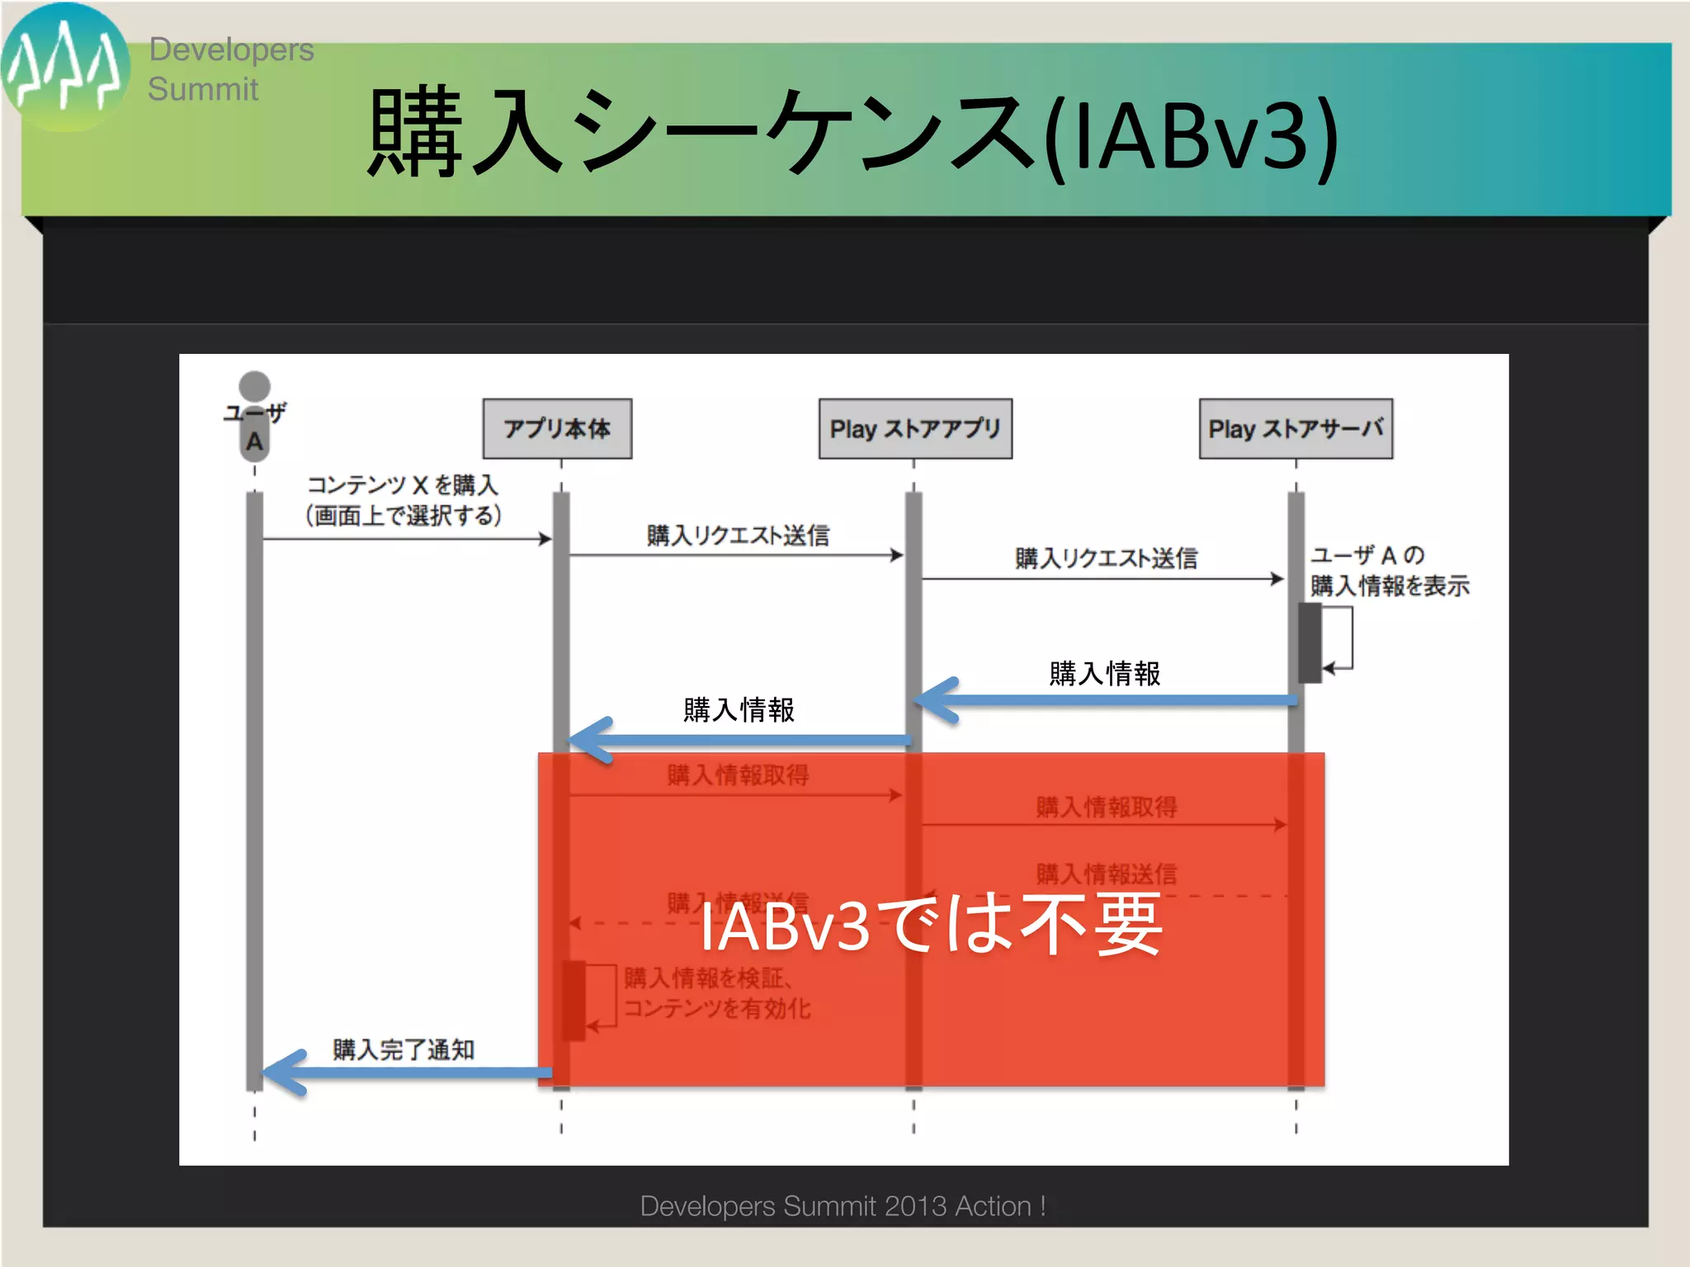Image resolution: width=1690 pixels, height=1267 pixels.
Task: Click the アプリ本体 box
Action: (557, 428)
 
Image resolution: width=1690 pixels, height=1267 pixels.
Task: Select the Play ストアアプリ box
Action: (914, 428)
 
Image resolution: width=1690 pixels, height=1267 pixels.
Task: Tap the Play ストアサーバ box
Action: (1295, 428)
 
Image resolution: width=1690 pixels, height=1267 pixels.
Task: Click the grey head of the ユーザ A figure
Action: (254, 386)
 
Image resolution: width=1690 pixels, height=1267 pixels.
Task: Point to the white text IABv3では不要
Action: (931, 926)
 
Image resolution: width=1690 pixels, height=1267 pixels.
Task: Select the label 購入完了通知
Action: (404, 1049)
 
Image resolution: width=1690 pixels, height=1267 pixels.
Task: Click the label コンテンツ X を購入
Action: (403, 485)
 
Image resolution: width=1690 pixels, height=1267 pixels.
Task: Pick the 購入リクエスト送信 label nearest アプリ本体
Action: (738, 535)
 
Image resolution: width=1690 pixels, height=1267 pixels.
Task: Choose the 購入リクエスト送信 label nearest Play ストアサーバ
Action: (1106, 558)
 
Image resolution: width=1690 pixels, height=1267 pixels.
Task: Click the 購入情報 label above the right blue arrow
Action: (1104, 673)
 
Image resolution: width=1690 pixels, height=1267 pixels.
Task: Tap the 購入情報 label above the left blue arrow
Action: (739, 709)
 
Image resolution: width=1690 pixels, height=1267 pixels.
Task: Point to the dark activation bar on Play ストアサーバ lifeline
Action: (1309, 643)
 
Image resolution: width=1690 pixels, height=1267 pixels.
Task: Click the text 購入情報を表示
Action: (1390, 586)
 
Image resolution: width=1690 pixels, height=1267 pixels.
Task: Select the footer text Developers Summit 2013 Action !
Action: (843, 1206)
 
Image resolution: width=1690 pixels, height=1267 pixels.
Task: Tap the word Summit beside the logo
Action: (203, 89)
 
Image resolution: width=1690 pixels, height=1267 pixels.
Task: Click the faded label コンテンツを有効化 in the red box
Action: (716, 1008)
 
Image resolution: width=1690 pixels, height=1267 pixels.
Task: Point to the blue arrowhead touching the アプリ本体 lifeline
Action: (588, 740)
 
